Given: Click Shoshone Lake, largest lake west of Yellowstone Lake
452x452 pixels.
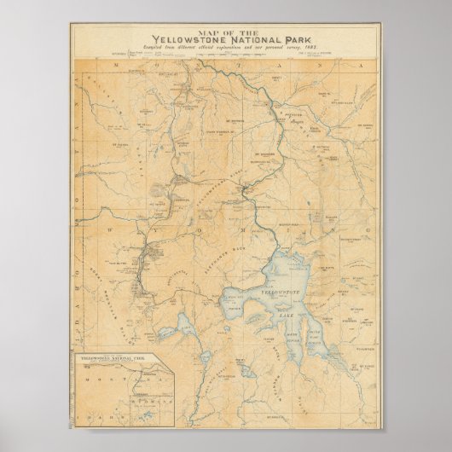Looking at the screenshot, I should coord(187,323).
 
